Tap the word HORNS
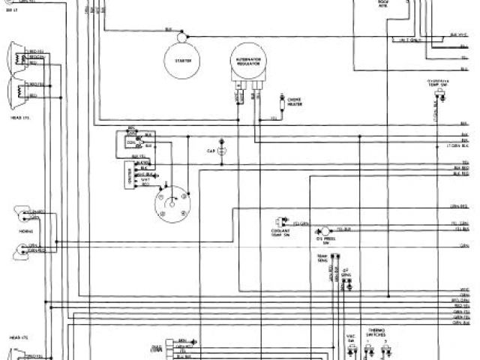pos(24,232)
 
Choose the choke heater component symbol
pos(281,97)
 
